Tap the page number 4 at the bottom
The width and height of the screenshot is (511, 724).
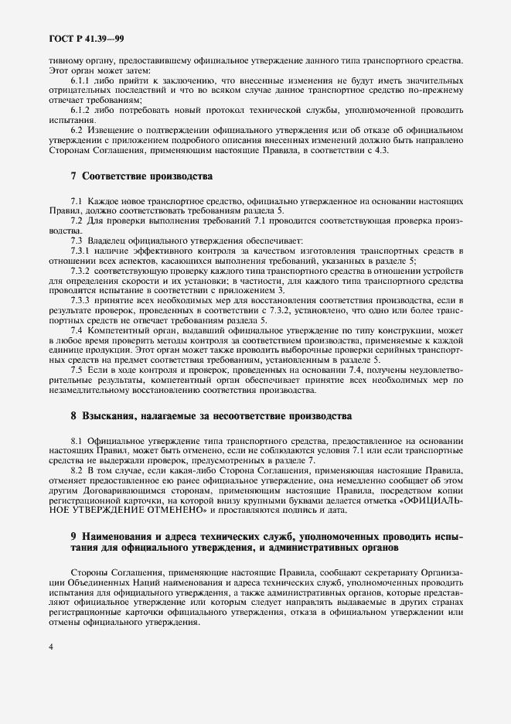point(49,647)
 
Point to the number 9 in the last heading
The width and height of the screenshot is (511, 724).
point(73,536)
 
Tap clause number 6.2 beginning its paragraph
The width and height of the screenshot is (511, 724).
point(78,131)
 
